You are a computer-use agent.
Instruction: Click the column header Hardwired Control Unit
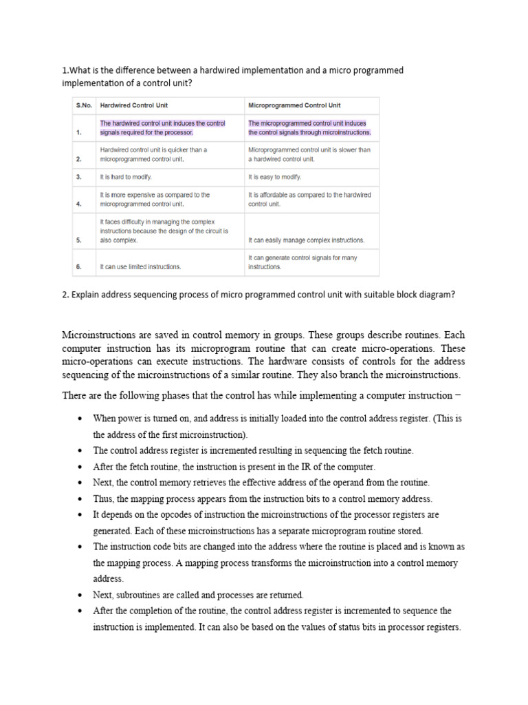[134, 105]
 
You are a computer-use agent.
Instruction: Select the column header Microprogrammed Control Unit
[294, 105]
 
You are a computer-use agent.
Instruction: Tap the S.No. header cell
[84, 105]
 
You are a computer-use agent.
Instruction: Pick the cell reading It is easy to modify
[275, 177]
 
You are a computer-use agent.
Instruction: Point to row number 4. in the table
[80, 204]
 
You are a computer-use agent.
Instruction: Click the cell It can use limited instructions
[141, 266]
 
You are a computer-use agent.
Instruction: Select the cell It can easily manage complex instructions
[307, 241]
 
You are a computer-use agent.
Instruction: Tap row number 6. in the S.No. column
[80, 266]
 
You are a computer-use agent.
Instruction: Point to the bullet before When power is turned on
[81, 419]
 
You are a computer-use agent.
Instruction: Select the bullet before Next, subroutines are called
[81, 595]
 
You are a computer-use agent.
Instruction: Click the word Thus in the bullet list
[104, 498]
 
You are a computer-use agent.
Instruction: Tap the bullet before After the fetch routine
[81, 467]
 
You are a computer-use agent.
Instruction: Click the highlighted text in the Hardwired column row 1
[162, 128]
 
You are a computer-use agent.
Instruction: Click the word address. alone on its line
[107, 579]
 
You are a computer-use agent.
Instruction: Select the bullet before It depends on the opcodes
[81, 515]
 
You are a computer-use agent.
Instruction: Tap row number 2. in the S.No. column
[80, 159]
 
